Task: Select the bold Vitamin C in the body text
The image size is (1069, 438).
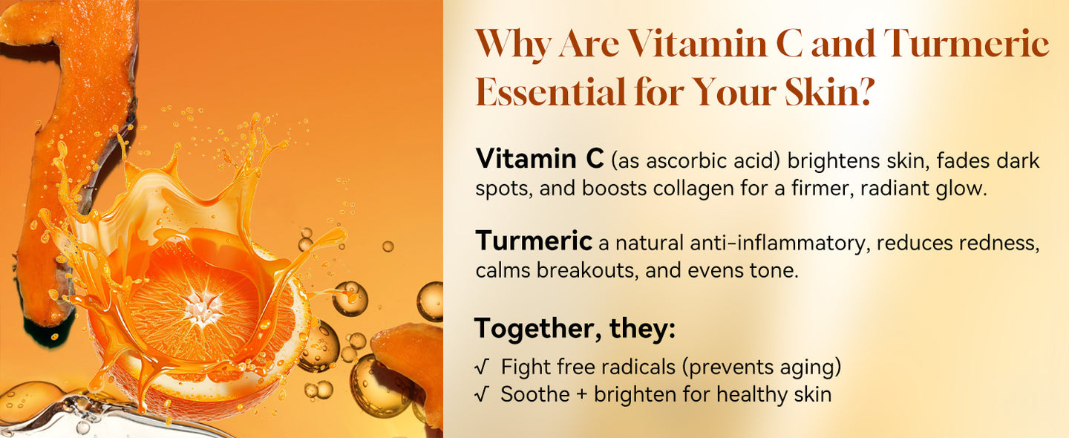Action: pyautogui.click(x=540, y=158)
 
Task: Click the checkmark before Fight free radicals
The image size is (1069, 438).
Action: pyautogui.click(x=482, y=367)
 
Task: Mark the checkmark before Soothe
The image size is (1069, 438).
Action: pyautogui.click(x=482, y=395)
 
